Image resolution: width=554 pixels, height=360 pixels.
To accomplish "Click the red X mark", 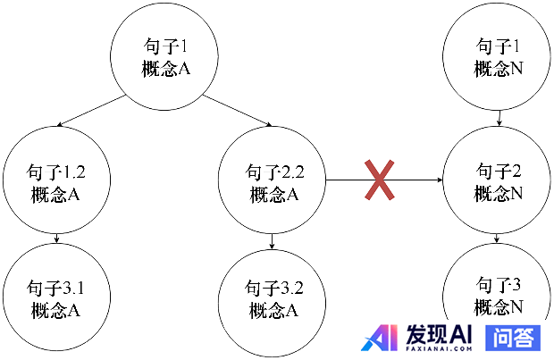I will [379, 180].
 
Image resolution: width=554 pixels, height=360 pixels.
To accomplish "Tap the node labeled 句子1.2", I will [57, 182].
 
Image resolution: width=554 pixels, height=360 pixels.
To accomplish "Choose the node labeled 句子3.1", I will [57, 297].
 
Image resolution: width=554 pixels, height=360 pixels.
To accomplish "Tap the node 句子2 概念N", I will [499, 181].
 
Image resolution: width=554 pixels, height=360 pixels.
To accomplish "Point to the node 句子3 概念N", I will [499, 295].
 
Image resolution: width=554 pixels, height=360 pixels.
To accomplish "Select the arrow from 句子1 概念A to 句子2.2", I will [237, 110].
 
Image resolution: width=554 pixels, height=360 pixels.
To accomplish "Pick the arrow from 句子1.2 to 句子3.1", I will [57, 239].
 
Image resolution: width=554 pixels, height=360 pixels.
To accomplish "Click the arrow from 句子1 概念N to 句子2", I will [499, 116].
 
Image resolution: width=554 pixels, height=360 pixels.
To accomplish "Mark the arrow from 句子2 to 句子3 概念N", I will [499, 239].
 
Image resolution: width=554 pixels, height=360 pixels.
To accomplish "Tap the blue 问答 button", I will [513, 337].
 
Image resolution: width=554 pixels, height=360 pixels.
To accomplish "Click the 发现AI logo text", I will [438, 334].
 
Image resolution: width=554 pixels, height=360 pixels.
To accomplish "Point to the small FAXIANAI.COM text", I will [438, 349].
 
